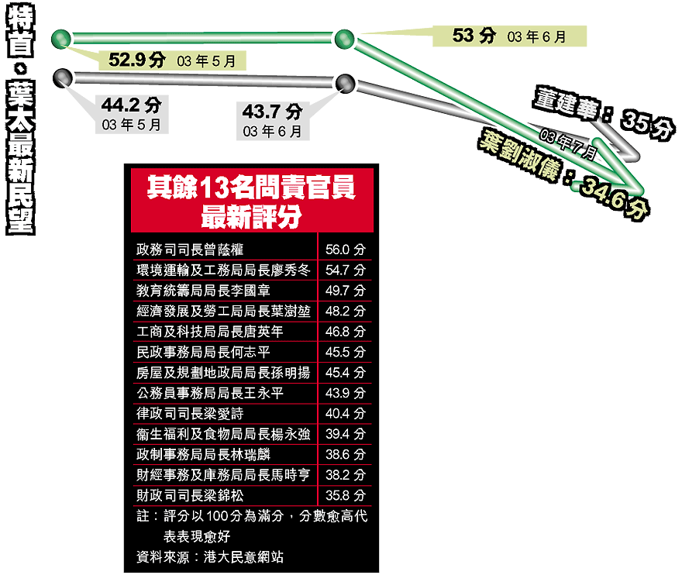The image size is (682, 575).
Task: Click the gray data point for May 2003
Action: tap(62, 77)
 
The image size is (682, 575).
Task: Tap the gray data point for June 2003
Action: tap(346, 83)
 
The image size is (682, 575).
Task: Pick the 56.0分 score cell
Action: tap(346, 250)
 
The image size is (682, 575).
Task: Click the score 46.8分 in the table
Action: tap(346, 332)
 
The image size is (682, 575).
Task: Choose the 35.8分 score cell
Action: tap(346, 495)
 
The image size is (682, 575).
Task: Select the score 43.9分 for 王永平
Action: tap(346, 393)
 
